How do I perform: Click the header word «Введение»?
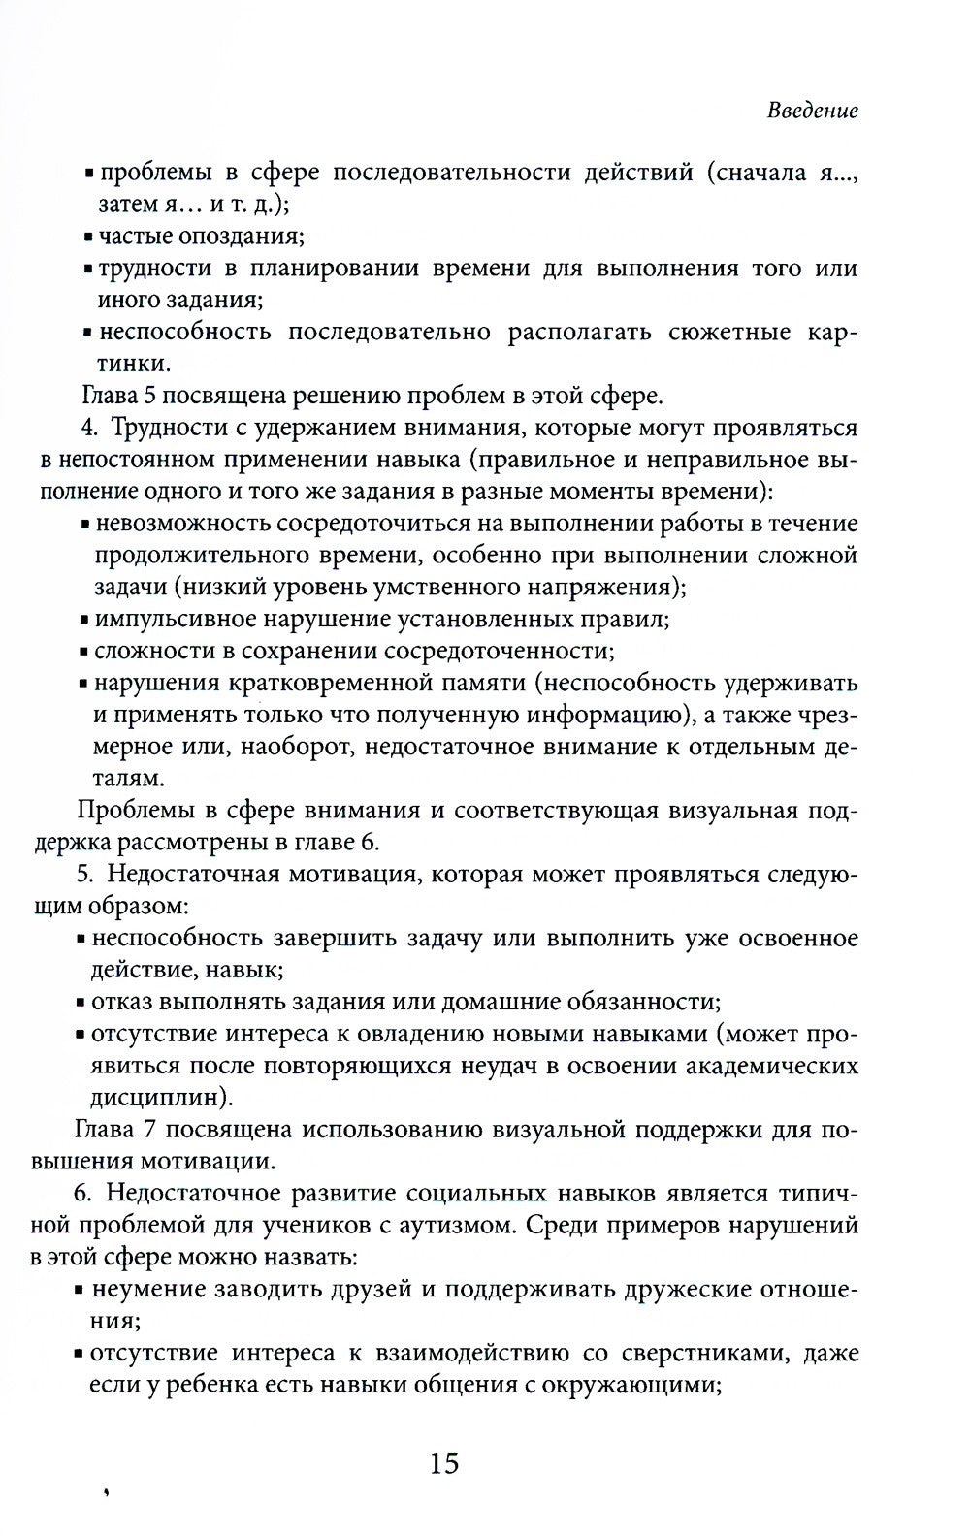(813, 111)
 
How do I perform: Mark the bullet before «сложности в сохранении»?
(85, 652)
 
